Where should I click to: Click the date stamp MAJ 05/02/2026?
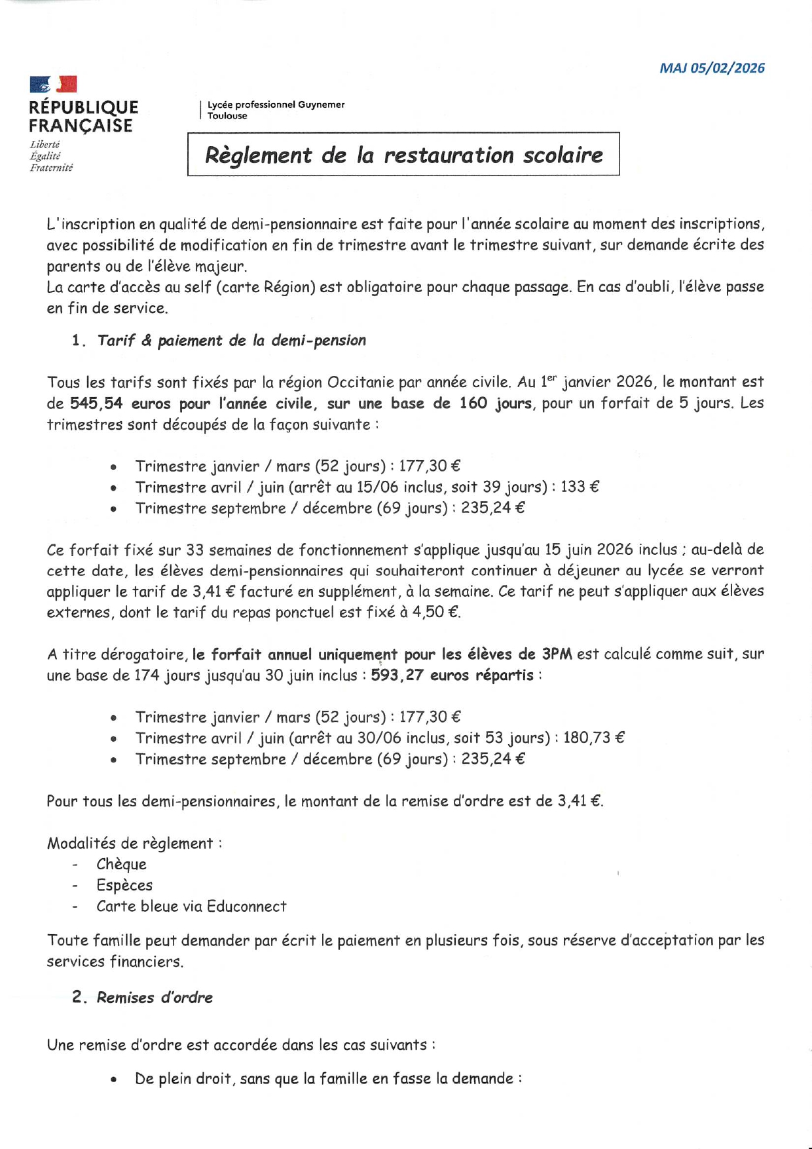[712, 68]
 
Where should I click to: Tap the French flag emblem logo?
[53, 85]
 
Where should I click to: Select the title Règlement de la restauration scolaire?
[403, 155]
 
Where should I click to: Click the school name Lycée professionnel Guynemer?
[276, 105]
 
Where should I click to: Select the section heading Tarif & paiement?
[231, 341]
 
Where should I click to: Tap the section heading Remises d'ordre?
[155, 998]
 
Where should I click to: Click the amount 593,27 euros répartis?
[452, 675]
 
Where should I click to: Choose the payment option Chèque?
[121, 865]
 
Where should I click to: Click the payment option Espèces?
[124, 886]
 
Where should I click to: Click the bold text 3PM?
[557, 654]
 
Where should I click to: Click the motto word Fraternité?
[51, 168]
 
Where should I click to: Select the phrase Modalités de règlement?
[130, 844]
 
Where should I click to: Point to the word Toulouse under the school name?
[227, 116]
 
